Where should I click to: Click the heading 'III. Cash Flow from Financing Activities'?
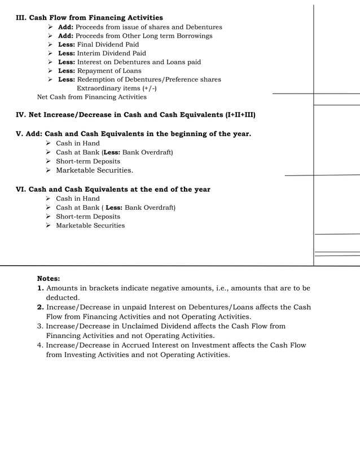[89, 18]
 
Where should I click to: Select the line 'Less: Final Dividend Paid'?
[98, 45]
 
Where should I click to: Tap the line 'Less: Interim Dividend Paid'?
[102, 54]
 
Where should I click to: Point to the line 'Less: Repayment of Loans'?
[100, 71]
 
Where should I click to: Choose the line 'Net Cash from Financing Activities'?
[91, 97]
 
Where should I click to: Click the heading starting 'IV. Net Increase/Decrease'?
[135, 115]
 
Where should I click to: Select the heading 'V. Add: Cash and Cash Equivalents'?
[133, 134]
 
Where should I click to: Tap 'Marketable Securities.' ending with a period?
[94, 170]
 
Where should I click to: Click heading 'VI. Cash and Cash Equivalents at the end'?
[113, 190]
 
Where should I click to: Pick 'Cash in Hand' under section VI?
[77, 199]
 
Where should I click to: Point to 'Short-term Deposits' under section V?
[87, 161]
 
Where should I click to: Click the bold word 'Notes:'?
[49, 279]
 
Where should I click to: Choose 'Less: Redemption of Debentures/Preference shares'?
[139, 80]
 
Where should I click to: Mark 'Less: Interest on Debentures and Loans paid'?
[129, 62]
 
